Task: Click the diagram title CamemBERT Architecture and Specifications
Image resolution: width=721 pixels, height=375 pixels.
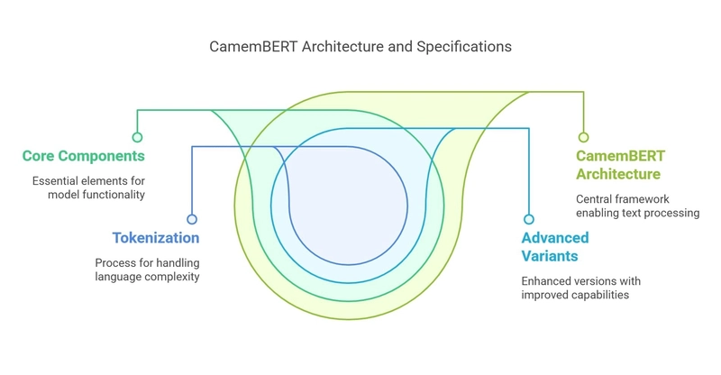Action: point(360,47)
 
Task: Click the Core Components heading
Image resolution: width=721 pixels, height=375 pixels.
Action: point(84,156)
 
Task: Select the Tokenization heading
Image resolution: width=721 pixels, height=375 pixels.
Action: point(156,238)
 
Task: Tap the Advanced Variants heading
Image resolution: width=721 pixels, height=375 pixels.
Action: point(555,247)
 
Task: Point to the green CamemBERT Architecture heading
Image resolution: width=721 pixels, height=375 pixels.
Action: point(620,165)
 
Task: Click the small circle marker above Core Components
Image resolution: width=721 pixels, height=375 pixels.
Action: point(137,137)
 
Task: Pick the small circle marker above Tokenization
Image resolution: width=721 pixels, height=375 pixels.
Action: point(192,219)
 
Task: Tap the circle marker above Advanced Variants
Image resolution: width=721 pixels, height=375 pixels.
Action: point(529,219)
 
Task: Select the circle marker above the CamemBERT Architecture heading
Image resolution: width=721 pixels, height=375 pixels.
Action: point(583,137)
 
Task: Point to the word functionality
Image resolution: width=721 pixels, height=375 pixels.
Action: point(117,195)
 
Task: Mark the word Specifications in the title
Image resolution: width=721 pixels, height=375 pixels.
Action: point(464,47)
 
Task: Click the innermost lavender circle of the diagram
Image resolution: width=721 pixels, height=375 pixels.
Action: point(349,206)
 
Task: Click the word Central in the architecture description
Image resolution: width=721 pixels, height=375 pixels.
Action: point(591,199)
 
